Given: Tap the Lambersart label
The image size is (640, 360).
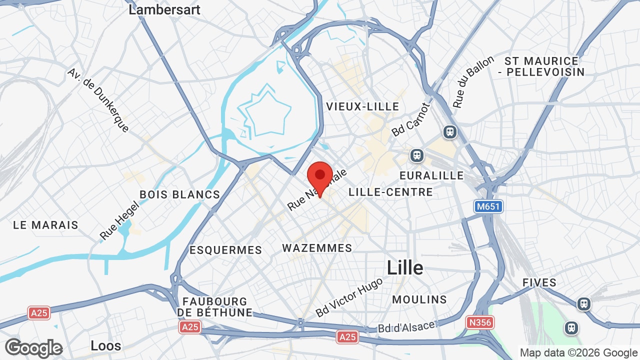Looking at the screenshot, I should [164, 9].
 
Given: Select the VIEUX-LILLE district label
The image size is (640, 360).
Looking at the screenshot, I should [362, 106].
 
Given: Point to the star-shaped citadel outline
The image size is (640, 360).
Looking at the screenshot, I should [264, 111].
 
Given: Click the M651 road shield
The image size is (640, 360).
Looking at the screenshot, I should [488, 206].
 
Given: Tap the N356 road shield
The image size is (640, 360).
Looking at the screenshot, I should [479, 322].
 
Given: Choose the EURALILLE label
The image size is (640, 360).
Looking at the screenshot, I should [431, 175].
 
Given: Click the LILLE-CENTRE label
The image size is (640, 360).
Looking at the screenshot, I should [390, 192].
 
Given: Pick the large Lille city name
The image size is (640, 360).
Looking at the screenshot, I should [405, 268].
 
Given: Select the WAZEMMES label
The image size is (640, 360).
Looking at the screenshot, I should [317, 248].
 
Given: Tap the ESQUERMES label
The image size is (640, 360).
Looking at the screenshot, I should [225, 250].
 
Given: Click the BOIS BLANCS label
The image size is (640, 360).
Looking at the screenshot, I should [180, 194].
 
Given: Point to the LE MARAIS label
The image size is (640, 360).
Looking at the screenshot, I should [45, 225].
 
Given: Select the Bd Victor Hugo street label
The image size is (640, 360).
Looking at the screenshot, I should [349, 297].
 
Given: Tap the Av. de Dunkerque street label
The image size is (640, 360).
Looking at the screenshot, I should [98, 100].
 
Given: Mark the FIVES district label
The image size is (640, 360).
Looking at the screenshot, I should [539, 282].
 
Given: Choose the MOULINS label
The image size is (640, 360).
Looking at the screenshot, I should [419, 299].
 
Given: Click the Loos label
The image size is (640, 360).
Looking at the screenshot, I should [106, 345].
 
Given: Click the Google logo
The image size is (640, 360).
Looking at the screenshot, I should [33, 348].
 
